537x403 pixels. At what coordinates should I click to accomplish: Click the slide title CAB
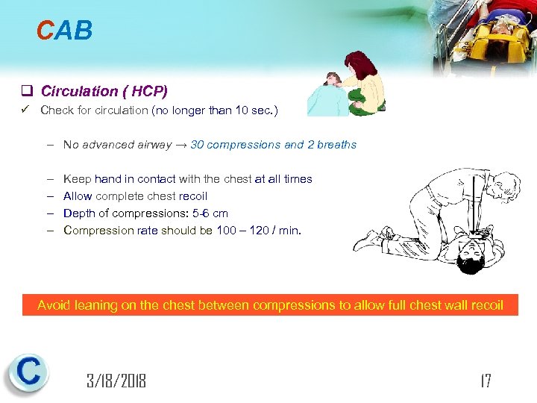click(x=65, y=30)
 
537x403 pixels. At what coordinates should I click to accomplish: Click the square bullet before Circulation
click(x=26, y=92)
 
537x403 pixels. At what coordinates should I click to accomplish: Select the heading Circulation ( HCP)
click(x=104, y=92)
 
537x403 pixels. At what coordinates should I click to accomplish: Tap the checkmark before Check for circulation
click(x=25, y=110)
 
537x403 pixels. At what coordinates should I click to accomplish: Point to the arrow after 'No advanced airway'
click(x=180, y=145)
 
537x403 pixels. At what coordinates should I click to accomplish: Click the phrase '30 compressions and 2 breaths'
click(x=274, y=145)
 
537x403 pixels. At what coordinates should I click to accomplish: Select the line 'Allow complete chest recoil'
click(x=136, y=196)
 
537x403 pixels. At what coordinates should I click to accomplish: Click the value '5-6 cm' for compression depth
click(x=210, y=213)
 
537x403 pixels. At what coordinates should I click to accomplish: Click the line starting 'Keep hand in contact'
click(x=188, y=179)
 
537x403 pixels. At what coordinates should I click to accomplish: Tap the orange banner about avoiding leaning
click(x=270, y=304)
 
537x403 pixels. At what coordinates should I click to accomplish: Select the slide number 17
click(x=486, y=381)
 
